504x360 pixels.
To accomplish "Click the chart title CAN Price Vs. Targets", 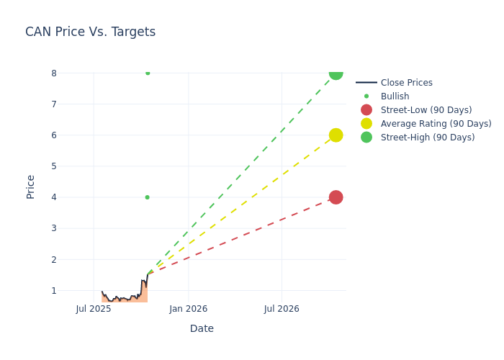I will (90, 32).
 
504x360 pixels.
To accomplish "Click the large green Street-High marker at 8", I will (336, 73).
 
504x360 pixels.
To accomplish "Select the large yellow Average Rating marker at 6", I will (336, 135).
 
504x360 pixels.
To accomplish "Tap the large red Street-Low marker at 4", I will (336, 197).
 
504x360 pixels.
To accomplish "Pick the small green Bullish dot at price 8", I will (148, 73).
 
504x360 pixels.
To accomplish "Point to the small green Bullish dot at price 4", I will (147, 197).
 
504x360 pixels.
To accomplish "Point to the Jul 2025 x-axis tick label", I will (94, 309).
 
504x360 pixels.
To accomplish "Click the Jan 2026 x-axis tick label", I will (188, 309).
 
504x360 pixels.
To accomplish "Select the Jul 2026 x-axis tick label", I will (282, 309).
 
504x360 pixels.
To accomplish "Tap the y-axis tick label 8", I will (53, 73).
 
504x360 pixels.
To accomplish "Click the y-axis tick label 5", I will (53, 166).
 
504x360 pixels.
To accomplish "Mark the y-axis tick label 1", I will (53, 291).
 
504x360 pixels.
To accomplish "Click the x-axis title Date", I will (202, 328).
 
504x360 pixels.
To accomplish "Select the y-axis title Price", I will (31, 186).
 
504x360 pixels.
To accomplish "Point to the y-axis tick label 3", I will (53, 228).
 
